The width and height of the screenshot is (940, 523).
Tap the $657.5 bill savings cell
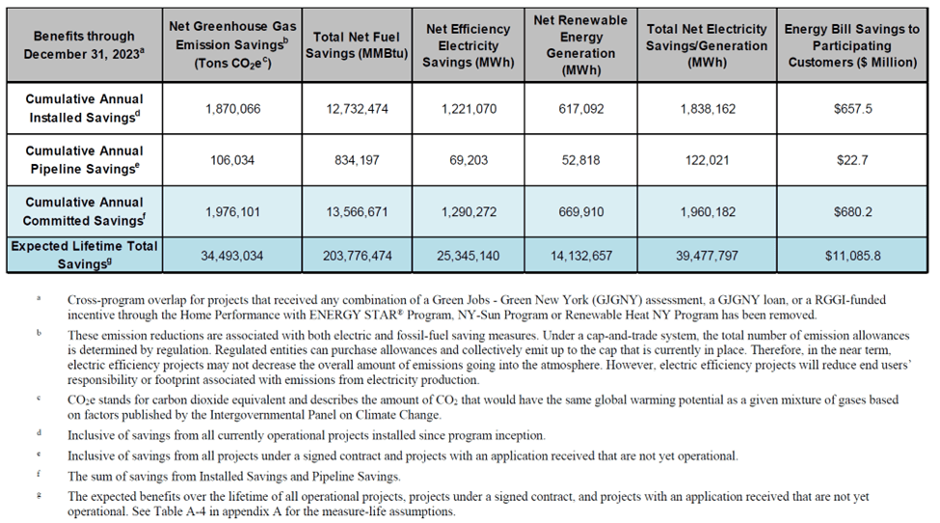852,109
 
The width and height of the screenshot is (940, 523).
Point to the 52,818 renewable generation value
587,160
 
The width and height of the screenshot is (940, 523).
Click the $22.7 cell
852,160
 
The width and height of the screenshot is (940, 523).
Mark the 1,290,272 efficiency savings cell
469,211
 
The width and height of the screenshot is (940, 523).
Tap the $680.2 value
852,211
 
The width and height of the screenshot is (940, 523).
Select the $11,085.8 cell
852,256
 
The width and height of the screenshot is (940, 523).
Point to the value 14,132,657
587,256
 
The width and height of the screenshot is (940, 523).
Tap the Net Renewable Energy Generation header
587,44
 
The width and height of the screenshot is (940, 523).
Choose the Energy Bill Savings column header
852,44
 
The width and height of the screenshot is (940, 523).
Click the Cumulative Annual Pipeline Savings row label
84,160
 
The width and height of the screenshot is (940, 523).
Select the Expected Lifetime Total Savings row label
84,255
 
